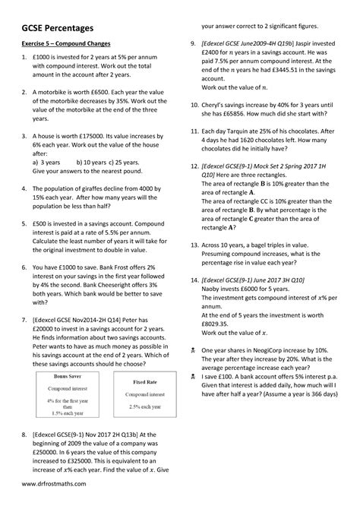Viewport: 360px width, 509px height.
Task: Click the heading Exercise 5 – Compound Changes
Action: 73,55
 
